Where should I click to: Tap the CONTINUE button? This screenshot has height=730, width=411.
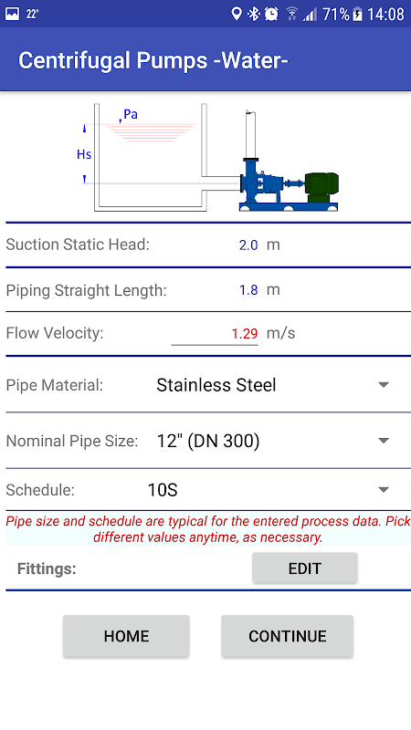[287, 636]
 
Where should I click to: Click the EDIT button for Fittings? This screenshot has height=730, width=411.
[305, 568]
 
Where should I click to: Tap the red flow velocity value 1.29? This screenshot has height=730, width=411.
[245, 334]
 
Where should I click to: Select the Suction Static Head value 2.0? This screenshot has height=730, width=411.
[248, 245]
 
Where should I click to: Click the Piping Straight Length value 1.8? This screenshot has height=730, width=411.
[248, 290]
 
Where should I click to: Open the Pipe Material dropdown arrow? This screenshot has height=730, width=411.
[384, 385]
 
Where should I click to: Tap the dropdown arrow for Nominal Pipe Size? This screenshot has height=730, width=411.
[384, 441]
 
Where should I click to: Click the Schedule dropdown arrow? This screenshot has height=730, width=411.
[384, 490]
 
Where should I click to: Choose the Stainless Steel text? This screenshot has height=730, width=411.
[216, 385]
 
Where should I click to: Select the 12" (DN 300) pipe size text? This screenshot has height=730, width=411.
[208, 441]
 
